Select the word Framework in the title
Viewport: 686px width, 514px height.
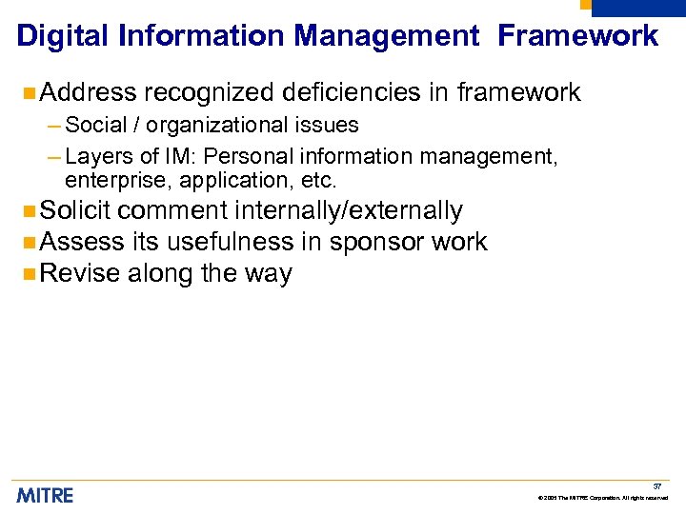[578, 36]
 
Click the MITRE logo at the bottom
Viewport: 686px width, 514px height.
[45, 495]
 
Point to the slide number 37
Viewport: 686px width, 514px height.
[656, 485]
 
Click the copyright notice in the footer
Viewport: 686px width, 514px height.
[603, 498]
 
